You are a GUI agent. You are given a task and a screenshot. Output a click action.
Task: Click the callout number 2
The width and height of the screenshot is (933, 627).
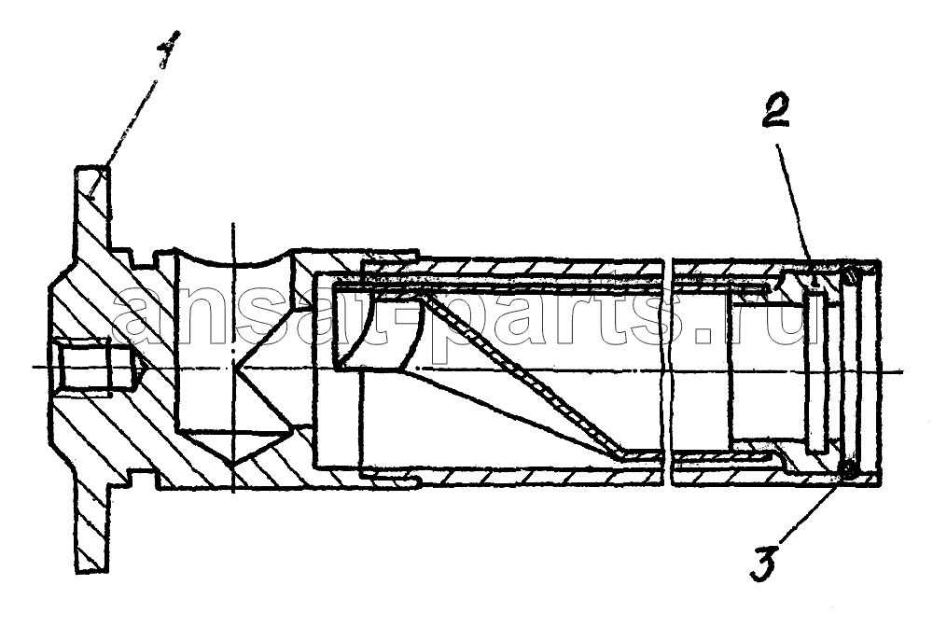point(776,111)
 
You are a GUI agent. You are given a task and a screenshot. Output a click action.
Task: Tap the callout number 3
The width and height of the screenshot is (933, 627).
point(765,563)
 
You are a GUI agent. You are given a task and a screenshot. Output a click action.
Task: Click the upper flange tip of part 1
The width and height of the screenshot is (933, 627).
point(92,171)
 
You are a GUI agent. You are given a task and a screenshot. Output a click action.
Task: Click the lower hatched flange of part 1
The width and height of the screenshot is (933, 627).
point(93,523)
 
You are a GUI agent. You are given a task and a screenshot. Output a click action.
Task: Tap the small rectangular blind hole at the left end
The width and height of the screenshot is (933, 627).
point(86,367)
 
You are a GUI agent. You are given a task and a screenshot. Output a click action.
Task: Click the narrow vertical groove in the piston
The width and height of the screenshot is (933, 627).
point(816,369)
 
